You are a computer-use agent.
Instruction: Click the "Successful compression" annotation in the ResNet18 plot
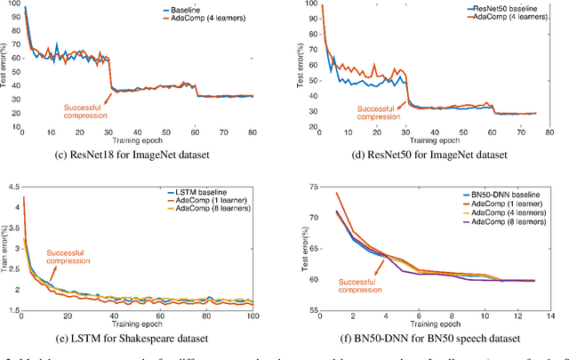click(x=85, y=110)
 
